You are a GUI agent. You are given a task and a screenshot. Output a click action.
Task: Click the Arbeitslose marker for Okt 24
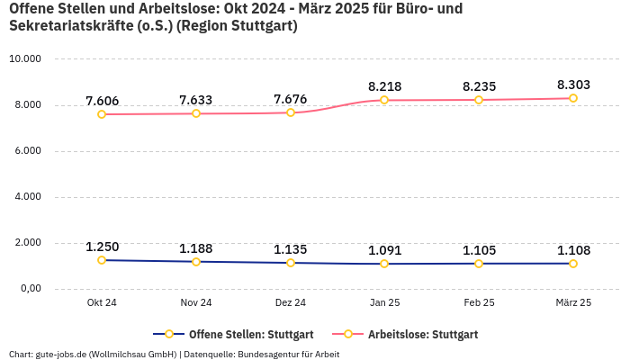(x=102, y=114)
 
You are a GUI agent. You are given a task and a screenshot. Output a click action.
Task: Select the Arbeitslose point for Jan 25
(x=384, y=100)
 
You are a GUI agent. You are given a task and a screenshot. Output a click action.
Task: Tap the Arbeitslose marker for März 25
(x=573, y=98)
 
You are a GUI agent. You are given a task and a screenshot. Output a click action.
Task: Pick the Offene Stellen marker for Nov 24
(x=196, y=262)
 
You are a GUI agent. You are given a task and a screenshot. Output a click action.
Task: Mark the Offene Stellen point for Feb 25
(x=479, y=264)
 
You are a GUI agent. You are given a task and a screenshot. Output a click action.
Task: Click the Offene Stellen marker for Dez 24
(x=291, y=263)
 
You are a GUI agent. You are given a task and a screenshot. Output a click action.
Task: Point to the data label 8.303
(x=573, y=85)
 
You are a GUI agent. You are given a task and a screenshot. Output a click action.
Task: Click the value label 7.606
(x=102, y=101)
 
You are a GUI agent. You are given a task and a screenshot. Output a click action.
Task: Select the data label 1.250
(x=102, y=247)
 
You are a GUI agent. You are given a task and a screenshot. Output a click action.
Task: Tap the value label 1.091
(x=384, y=250)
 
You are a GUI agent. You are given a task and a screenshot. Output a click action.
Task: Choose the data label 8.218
(x=384, y=86)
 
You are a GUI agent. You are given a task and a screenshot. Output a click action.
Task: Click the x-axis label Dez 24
(x=291, y=302)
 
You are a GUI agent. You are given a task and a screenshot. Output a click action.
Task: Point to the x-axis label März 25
(x=573, y=302)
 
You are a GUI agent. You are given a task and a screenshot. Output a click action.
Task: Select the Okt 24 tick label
(x=102, y=302)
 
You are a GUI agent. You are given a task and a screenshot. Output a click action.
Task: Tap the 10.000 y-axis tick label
(x=25, y=59)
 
